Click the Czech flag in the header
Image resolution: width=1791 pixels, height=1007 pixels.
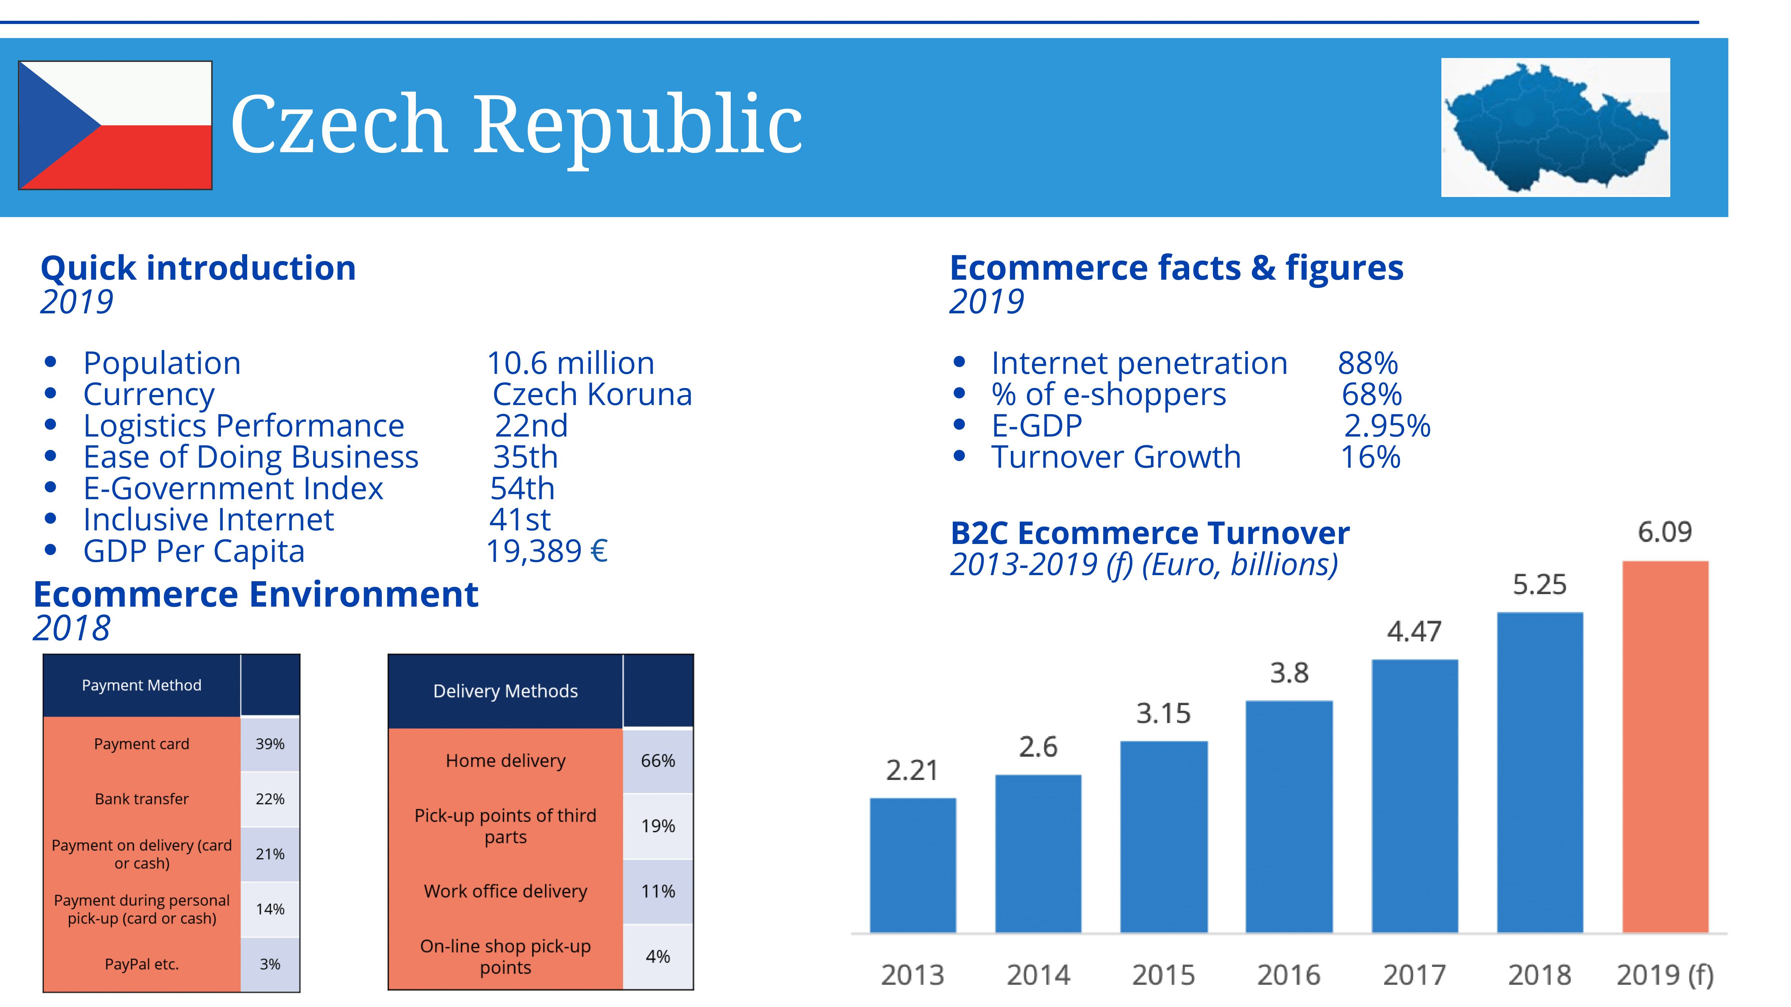point(115,125)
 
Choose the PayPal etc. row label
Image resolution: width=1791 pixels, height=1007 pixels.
point(142,964)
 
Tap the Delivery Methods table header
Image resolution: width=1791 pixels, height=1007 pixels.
point(505,691)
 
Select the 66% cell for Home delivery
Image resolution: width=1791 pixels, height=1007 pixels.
point(658,761)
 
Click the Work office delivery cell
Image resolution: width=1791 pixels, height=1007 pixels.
point(505,891)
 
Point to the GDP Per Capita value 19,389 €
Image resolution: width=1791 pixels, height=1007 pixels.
point(547,551)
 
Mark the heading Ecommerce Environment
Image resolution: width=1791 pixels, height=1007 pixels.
point(256,595)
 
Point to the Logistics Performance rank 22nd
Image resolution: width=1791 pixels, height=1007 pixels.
point(531,426)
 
